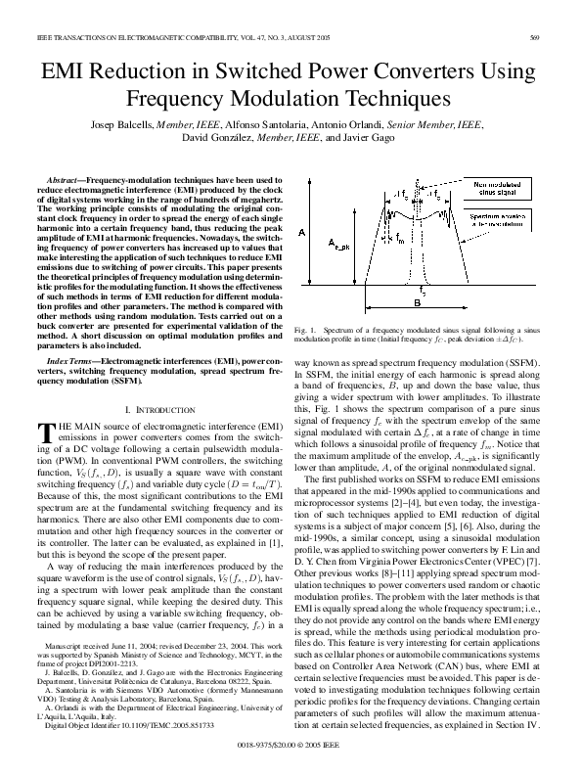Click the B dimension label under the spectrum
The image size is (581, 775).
point(417,303)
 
